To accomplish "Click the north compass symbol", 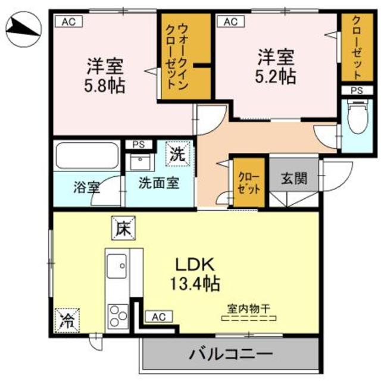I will click(x=24, y=27).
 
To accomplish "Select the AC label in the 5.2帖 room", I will click(x=230, y=22).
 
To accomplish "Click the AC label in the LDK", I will click(x=157, y=317).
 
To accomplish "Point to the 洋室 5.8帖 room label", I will click(x=104, y=74).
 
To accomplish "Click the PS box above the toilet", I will click(x=357, y=90).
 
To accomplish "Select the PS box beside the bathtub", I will click(x=138, y=144).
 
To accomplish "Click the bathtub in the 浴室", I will click(x=87, y=157).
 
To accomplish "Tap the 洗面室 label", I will click(x=159, y=183).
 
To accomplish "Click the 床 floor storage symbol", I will click(x=124, y=227).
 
